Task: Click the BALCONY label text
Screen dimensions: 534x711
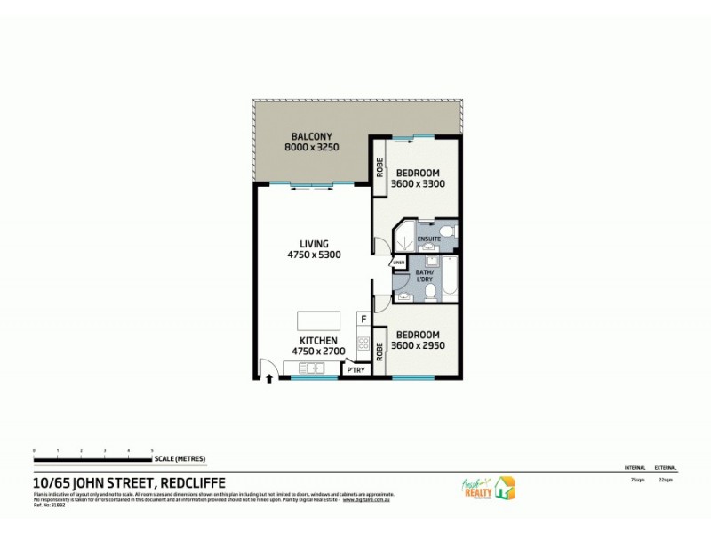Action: coord(311,134)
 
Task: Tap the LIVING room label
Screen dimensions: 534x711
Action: coord(315,243)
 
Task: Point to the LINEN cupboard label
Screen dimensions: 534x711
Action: coord(399,263)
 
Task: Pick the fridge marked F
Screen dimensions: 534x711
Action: coord(363,318)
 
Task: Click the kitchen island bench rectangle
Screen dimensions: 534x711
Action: coord(317,320)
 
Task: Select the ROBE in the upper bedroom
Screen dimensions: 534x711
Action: coord(379,166)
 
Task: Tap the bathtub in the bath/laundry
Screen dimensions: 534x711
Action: coord(448,280)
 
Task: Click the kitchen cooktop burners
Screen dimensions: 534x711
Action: coord(363,342)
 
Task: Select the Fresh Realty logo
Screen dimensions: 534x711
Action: coord(487,488)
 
